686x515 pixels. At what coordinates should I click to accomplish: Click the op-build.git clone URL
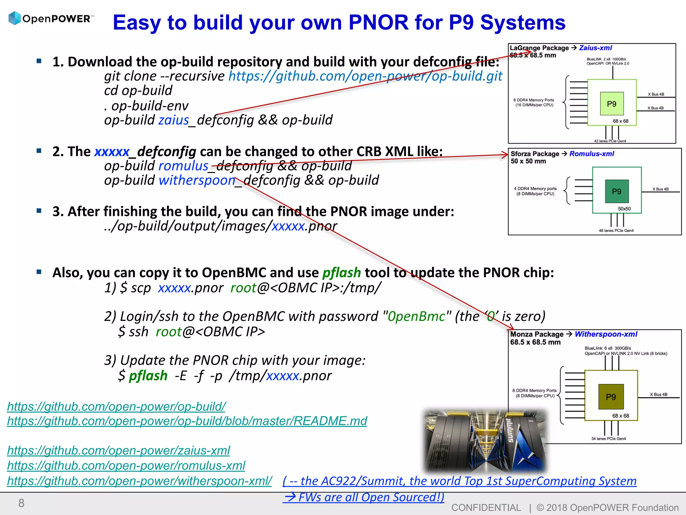pos(365,76)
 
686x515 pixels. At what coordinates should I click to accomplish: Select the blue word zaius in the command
pos(174,120)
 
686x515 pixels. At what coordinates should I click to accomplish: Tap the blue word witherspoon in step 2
pos(197,180)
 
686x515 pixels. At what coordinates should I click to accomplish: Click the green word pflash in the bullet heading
pos(341,273)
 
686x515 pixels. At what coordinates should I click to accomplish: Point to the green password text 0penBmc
pos(416,316)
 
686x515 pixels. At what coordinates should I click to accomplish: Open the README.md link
pos(187,421)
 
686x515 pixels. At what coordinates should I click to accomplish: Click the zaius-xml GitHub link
pos(118,450)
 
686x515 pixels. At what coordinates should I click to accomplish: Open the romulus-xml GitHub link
pos(126,465)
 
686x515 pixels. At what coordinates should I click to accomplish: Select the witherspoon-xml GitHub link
pos(139,481)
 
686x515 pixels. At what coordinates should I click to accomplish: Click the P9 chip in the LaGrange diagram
pos(612,104)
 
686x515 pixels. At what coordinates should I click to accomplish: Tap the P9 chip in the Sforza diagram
pos(617,191)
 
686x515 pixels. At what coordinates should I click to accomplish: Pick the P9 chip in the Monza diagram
pos(611,397)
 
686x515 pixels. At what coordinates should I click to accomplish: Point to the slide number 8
pos(21,503)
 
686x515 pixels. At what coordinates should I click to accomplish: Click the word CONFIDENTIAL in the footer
pos(486,508)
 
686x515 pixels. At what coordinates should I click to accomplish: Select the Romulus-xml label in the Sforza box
pos(592,154)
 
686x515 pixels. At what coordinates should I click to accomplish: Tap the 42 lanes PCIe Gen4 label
pos(610,141)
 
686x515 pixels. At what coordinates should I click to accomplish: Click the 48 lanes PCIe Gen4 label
pos(616,231)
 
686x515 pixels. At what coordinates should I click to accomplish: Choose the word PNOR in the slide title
pos(378,22)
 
